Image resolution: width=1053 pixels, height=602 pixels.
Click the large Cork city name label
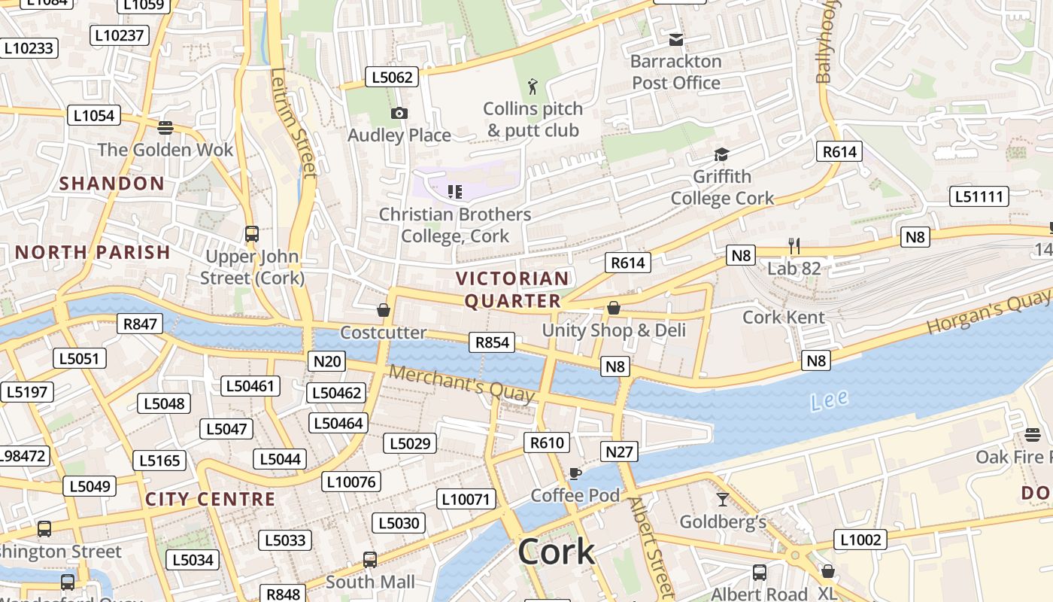556,552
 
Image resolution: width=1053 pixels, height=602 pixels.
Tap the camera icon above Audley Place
399,114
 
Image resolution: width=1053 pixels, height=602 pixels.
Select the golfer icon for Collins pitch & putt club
533,87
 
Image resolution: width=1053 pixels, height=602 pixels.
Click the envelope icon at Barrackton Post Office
676,40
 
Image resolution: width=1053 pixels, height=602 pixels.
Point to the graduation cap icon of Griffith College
721,155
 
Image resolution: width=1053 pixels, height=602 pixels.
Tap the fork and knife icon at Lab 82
794,245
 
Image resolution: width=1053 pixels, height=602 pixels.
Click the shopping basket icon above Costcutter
384,310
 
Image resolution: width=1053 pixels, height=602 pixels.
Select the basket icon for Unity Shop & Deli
614,308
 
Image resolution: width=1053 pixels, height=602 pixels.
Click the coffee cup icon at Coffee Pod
575,473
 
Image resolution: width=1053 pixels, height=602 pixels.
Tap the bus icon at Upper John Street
252,234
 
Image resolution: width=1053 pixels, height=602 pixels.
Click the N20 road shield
326,361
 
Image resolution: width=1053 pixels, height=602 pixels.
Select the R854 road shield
492,342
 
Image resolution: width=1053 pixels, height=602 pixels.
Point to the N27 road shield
619,451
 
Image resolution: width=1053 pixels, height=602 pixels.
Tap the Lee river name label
830,400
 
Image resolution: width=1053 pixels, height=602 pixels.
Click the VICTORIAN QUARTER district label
513,290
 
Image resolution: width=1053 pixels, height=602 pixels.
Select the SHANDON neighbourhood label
111,184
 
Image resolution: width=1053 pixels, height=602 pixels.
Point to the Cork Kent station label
784,317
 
